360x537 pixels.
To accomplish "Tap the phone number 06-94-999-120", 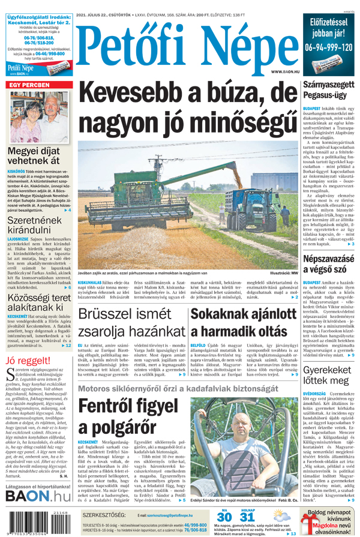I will [328, 47].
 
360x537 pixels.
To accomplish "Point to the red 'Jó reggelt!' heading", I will [28, 361].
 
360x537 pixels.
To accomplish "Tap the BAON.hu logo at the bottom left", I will [38, 496].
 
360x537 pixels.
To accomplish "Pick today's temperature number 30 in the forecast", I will [224, 518].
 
